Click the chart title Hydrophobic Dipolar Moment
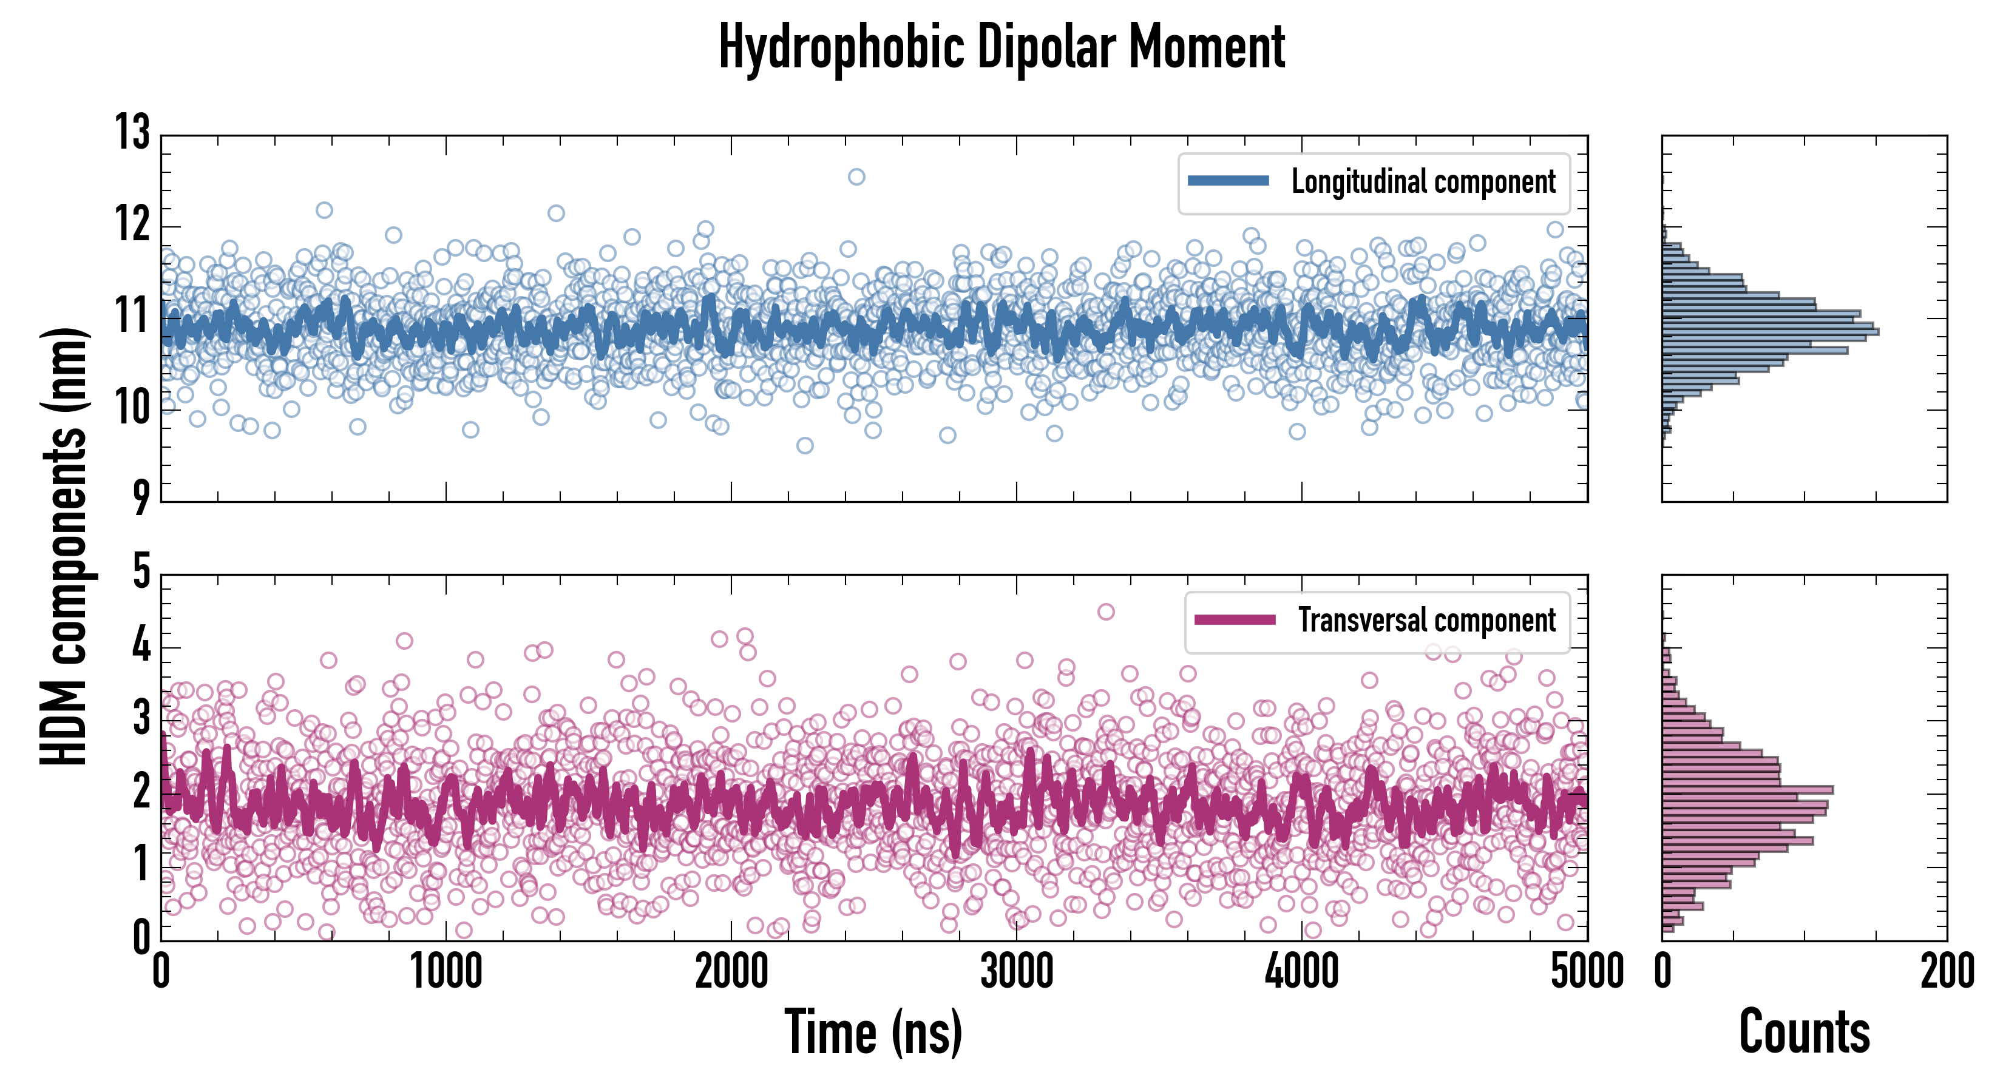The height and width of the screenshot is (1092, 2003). click(1001, 47)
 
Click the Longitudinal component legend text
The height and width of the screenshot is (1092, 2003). click(1423, 182)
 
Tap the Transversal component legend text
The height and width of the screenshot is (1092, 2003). click(1427, 620)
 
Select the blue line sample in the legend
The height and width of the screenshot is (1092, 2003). click(1229, 181)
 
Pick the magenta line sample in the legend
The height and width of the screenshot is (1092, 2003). click(1235, 619)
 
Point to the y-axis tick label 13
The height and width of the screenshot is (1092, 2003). click(133, 132)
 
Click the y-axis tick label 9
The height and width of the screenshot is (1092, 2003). click(141, 497)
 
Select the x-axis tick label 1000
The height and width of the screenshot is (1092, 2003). click(446, 971)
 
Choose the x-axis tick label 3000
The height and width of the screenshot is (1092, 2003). click(1016, 971)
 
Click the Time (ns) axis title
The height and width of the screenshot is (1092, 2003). click(873, 1032)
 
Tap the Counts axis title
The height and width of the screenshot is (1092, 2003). click(1804, 1032)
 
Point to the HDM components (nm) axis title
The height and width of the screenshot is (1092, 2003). click(64, 544)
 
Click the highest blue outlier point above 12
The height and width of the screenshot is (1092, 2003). click(856, 177)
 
